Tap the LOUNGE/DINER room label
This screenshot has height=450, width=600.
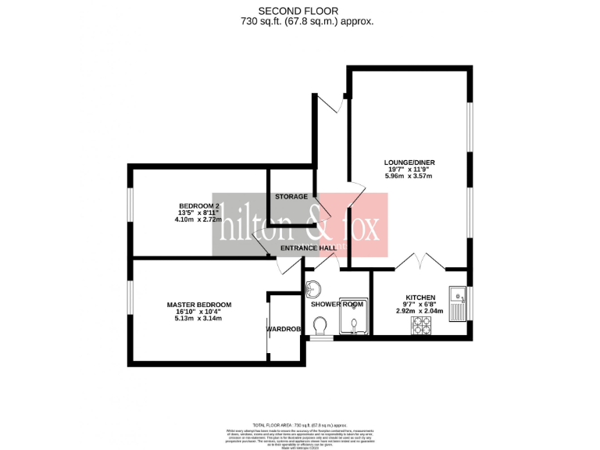click(409, 162)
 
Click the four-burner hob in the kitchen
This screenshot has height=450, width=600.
click(422, 326)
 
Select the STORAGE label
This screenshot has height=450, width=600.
click(291, 196)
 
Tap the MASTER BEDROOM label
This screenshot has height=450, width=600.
click(198, 305)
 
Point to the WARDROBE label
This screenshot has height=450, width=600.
click(284, 329)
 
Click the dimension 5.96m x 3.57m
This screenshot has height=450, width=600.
click(409, 177)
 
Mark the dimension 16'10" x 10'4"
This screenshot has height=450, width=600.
click(198, 312)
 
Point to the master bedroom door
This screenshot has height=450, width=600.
click(288, 266)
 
